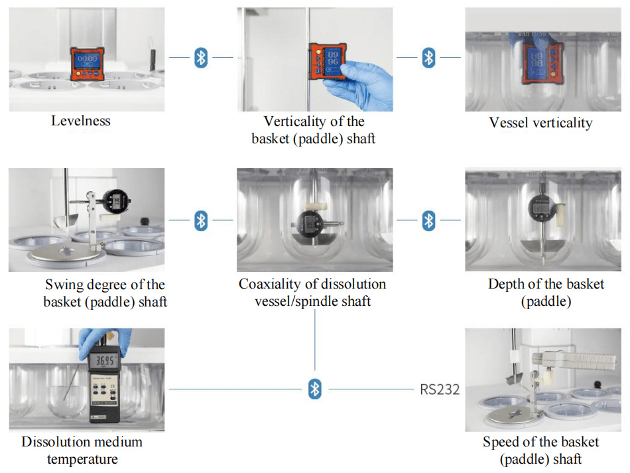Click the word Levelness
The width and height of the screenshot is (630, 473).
tap(81, 121)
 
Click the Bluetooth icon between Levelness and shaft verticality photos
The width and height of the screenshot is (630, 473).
tap(201, 58)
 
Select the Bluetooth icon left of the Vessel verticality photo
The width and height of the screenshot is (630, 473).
tap(429, 58)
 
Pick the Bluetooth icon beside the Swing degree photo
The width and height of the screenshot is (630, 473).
tap(201, 220)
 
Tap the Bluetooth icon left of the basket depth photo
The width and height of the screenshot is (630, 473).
tap(429, 220)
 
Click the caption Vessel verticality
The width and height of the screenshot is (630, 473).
tap(540, 123)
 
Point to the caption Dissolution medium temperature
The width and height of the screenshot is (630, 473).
tap(82, 450)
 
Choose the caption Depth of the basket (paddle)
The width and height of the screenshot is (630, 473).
tap(546, 293)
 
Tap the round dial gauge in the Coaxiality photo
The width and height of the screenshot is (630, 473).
tap(310, 222)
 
